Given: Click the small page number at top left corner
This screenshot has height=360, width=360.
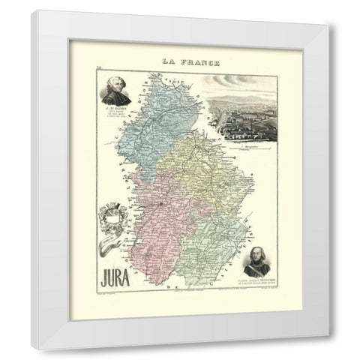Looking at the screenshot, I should pyautogui.click(x=98, y=67).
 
